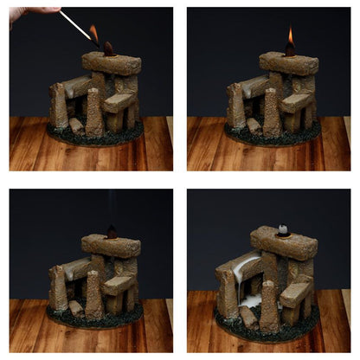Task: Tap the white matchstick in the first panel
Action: [x=75, y=25]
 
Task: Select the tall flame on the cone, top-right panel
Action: [x=290, y=37]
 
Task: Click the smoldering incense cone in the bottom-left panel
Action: [x=111, y=232]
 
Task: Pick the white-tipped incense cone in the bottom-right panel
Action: [x=283, y=230]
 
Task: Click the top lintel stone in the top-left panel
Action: [x=111, y=62]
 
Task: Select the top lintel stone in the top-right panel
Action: [x=288, y=63]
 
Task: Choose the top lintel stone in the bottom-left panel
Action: [x=111, y=245]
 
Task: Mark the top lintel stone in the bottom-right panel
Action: [x=284, y=243]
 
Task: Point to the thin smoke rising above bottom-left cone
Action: [x=111, y=208]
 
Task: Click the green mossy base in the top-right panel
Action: [x=273, y=138]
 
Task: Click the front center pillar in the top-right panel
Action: [x=272, y=112]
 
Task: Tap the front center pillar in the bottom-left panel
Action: [x=94, y=295]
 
